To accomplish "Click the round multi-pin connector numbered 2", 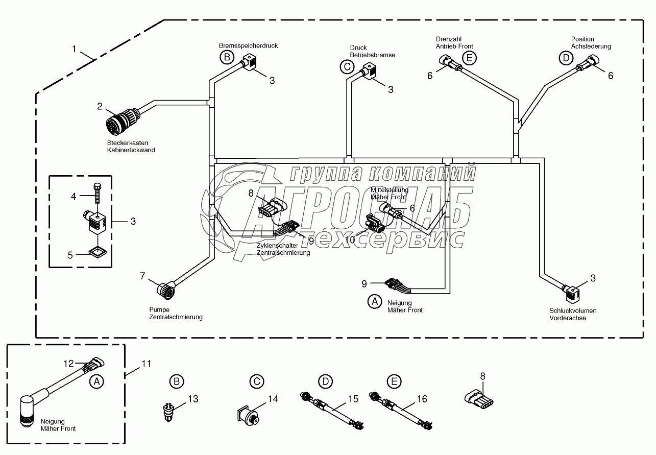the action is tap(123, 121).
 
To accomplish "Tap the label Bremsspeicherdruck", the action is tap(248, 46).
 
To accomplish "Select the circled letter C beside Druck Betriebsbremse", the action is tap(347, 67).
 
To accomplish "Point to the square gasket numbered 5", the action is tap(98, 252).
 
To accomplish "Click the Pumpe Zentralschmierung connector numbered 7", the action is tap(166, 290).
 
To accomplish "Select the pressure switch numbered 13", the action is tap(168, 412).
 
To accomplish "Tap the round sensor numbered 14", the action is tap(248, 415).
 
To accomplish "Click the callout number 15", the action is tap(353, 399).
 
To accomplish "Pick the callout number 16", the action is tap(422, 399).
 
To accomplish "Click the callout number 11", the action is tap(146, 364).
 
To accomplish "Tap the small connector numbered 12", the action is tap(94, 364).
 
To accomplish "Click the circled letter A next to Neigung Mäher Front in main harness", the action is tap(375, 301).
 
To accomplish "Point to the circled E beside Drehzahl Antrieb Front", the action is tap(469, 58).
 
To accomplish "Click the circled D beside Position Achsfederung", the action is tap(566, 58).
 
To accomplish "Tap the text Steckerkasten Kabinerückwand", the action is tap(131, 147).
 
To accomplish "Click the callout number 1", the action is tap(74, 49).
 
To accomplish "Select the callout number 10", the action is tap(350, 240).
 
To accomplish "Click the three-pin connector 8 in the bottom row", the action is tap(479, 400).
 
